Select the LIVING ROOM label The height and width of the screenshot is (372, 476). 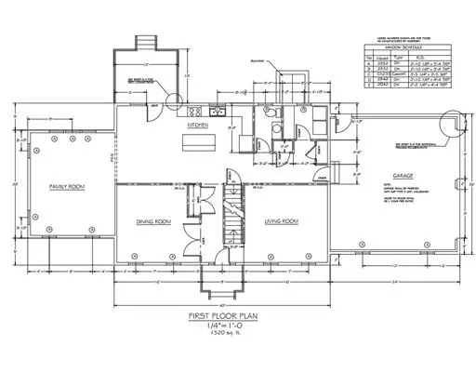pyautogui.click(x=279, y=221)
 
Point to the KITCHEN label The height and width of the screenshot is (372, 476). pyautogui.click(x=198, y=124)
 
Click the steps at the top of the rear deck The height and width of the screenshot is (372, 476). pyautogui.click(x=143, y=43)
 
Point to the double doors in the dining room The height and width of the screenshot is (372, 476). pyautogui.click(x=192, y=236)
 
